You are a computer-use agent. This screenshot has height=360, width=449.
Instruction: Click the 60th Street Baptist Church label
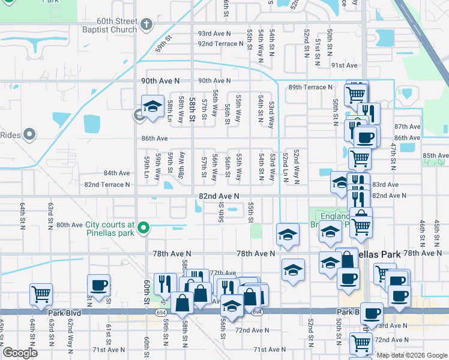click(110, 25)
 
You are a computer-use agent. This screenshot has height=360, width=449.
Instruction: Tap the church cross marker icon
click(148, 25)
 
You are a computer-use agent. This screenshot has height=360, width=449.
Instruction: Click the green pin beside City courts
click(143, 228)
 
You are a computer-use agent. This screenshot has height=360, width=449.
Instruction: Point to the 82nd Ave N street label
click(219, 196)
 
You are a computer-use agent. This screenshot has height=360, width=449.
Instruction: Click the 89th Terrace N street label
click(310, 87)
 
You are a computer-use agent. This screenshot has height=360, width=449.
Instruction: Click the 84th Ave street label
click(116, 173)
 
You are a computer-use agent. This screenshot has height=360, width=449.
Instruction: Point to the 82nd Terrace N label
click(107, 184)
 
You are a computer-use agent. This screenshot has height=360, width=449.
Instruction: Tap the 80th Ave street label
click(69, 225)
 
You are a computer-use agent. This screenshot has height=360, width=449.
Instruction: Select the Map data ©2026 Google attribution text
click(412, 355)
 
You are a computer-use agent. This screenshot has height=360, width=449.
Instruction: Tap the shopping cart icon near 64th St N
click(41, 293)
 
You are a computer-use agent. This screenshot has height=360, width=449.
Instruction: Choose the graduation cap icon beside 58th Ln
click(152, 106)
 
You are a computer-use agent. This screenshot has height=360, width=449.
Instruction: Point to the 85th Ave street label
click(435, 155)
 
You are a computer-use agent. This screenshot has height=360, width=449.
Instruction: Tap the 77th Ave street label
click(223, 273)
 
